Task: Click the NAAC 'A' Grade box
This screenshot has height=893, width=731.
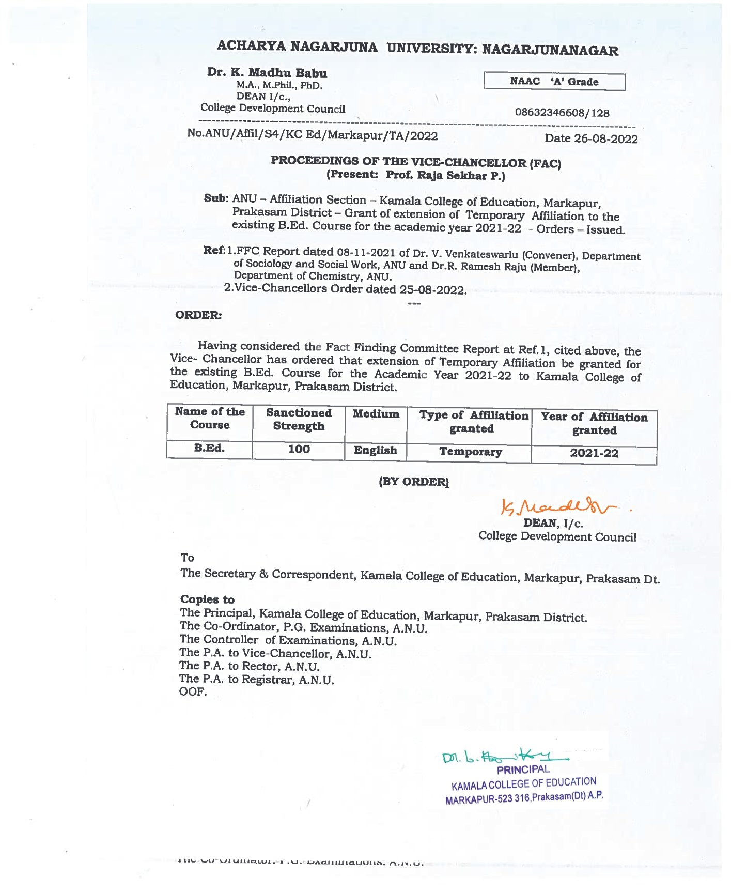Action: pyautogui.click(x=554, y=82)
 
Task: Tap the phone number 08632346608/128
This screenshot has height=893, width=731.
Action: pyautogui.click(x=562, y=113)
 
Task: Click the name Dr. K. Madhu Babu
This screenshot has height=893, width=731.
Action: pyautogui.click(x=267, y=72)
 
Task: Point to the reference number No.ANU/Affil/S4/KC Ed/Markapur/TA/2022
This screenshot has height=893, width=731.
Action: pyautogui.click(x=312, y=135)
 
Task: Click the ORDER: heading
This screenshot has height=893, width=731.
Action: pyautogui.click(x=198, y=315)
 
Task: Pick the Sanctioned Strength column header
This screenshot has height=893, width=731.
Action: pyautogui.click(x=299, y=419)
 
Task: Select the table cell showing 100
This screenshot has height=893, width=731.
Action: pyautogui.click(x=299, y=449)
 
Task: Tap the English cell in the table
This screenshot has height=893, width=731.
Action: pyautogui.click(x=375, y=450)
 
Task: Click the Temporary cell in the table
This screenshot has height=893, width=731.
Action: pyautogui.click(x=470, y=452)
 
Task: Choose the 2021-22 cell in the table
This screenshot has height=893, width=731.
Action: pyautogui.click(x=594, y=453)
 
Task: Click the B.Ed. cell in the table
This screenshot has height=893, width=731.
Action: pyautogui.click(x=209, y=448)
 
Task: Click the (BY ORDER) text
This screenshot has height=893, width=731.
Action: pyautogui.click(x=414, y=482)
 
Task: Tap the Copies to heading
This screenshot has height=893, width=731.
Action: pyautogui.click(x=207, y=599)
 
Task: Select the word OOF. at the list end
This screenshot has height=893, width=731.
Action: pyautogui.click(x=193, y=691)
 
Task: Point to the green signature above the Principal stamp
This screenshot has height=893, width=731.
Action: pyautogui.click(x=504, y=757)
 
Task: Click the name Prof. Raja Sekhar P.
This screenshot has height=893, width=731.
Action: pyautogui.click(x=445, y=175)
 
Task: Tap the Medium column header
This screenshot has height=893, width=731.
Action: pyautogui.click(x=376, y=414)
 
